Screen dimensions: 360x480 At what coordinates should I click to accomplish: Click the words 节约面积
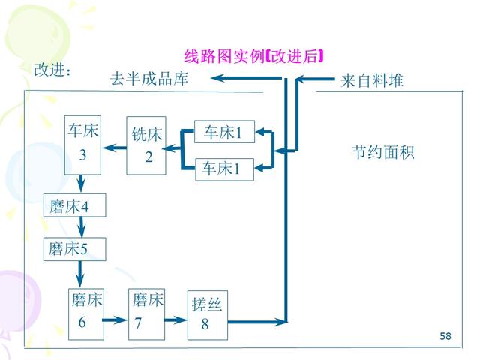point(382,153)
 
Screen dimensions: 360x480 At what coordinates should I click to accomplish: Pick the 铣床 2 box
point(146,145)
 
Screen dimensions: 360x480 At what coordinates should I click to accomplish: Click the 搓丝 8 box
point(206,313)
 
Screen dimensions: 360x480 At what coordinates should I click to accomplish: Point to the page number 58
point(445,335)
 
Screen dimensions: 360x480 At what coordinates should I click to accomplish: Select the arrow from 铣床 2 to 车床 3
point(114,147)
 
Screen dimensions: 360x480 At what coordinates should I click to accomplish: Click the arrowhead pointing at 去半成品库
point(225,79)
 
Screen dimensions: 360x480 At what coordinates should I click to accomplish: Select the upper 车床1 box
point(224,133)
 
